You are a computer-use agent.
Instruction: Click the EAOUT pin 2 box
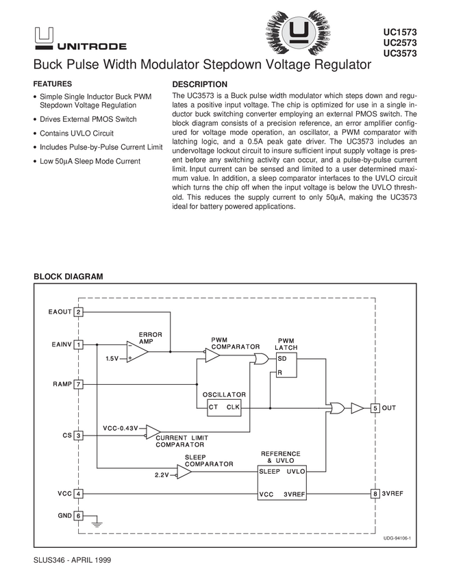(x=79, y=313)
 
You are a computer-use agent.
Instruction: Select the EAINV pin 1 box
(x=79, y=344)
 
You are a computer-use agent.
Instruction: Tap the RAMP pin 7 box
(x=79, y=385)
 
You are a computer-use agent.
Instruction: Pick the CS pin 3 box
(x=79, y=435)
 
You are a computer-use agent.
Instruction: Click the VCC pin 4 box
(x=79, y=494)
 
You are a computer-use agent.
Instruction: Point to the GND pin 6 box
(x=79, y=516)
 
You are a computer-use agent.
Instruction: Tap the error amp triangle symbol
(x=137, y=351)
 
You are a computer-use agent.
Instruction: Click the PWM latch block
(x=286, y=365)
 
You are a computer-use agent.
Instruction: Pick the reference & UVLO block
(x=282, y=483)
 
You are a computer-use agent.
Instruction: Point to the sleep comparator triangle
(x=184, y=471)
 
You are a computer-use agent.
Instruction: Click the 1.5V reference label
(x=112, y=358)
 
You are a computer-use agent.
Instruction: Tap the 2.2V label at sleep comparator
(x=162, y=475)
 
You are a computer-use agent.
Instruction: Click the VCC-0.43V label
(x=121, y=429)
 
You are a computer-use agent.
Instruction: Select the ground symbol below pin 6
(x=97, y=524)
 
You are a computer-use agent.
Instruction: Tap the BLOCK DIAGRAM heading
(x=68, y=277)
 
